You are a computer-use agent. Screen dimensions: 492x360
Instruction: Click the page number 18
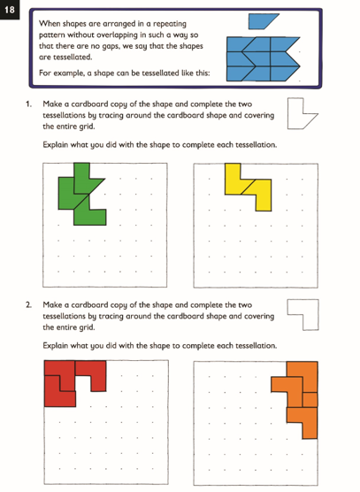tap(11, 10)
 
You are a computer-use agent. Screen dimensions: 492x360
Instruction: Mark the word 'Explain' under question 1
tap(57, 144)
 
